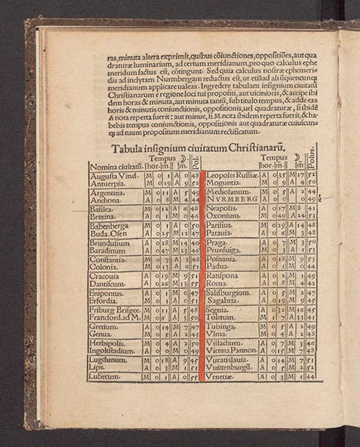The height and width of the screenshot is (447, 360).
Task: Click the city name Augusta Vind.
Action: point(110,176)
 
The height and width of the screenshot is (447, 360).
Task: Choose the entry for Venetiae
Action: point(223,377)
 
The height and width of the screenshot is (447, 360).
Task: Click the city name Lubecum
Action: point(105,377)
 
